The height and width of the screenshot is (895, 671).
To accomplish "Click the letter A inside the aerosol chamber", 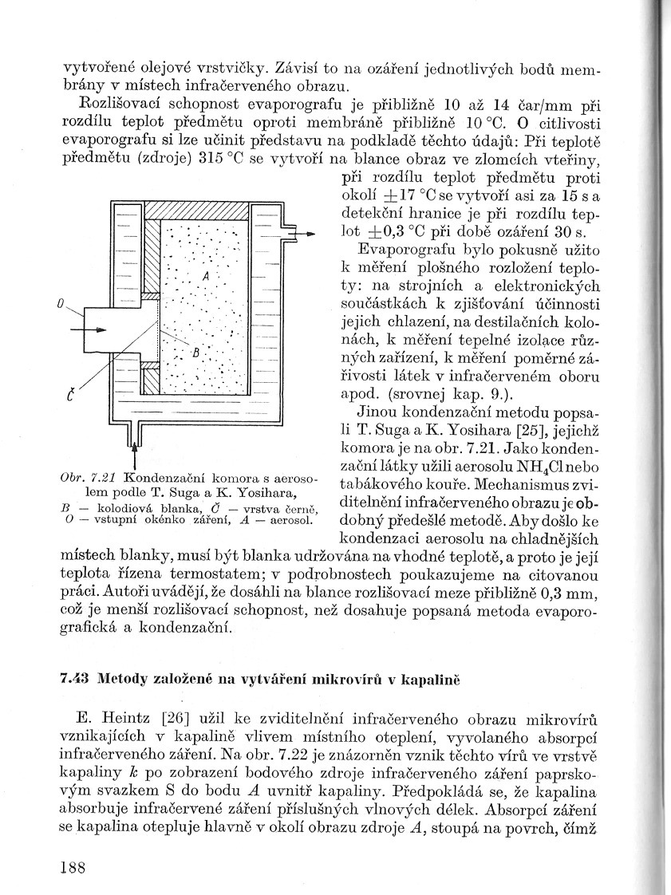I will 206,274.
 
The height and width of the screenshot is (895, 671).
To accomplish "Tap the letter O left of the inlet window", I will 61,304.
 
